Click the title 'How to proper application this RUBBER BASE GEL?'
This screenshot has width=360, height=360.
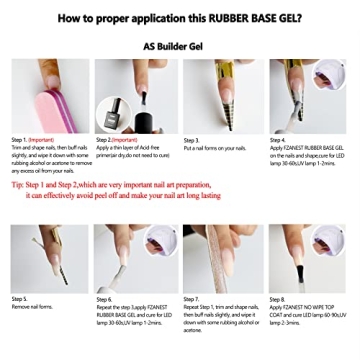[x=179, y=18]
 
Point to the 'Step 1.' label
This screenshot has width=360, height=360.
[x=21, y=140]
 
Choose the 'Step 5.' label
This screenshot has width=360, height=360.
[x=21, y=299]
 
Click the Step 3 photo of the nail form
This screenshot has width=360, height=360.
[x=223, y=96]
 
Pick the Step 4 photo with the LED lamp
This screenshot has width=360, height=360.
[x=308, y=96]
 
